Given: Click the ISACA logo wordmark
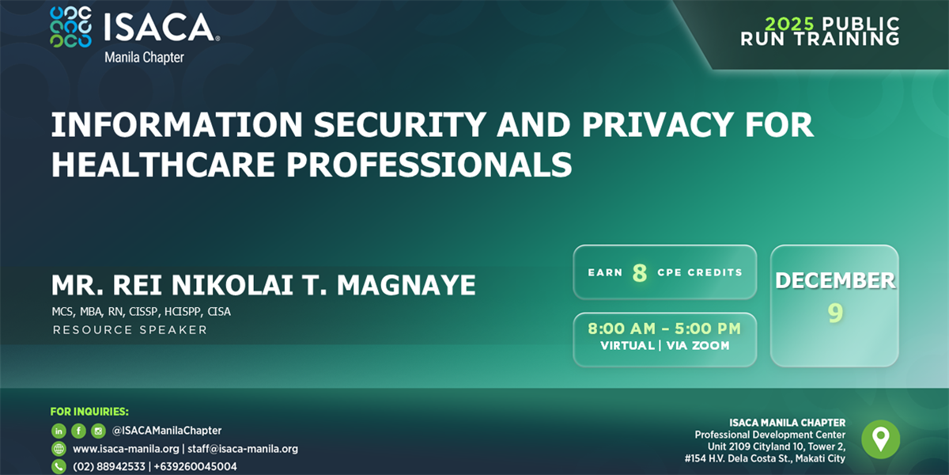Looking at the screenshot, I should click(161, 28).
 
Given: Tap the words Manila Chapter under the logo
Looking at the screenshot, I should click(144, 58).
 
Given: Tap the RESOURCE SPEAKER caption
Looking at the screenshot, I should click(130, 329).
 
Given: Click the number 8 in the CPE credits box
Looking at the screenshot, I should click(639, 273).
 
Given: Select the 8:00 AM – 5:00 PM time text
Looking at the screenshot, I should click(664, 329).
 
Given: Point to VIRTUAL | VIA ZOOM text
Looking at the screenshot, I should click(664, 345).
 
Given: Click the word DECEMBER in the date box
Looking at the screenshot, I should click(835, 280).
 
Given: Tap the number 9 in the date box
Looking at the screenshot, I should click(835, 314).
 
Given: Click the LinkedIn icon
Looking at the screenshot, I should click(59, 431).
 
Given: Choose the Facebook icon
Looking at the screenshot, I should click(78, 431).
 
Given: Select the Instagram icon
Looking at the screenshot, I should click(98, 431).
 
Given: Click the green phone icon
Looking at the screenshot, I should click(59, 466).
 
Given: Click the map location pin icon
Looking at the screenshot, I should click(880, 439).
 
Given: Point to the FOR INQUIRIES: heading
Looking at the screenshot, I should click(89, 412).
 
